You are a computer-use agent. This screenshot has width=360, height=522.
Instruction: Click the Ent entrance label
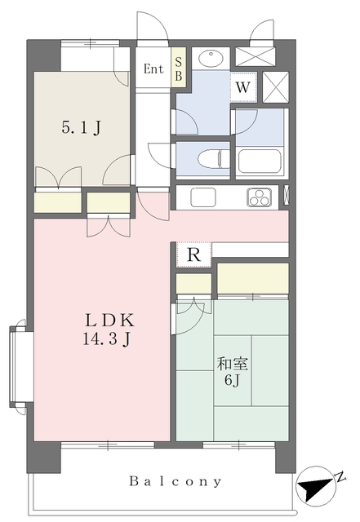pyautogui.click(x=153, y=69)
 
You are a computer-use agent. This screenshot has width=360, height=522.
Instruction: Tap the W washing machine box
pyautogui.click(x=243, y=86)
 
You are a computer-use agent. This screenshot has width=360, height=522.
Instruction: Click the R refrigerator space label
pyautogui.click(x=193, y=255)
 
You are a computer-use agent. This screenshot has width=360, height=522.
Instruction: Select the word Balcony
pyautogui.click(x=176, y=482)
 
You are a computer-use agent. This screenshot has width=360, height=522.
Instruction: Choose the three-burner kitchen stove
pyautogui.click(x=260, y=197)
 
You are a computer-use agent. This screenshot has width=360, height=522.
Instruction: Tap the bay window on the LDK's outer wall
pyautogui.click(x=18, y=367)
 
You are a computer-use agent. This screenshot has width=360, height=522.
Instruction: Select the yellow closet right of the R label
pyautogui.click(x=252, y=278)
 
